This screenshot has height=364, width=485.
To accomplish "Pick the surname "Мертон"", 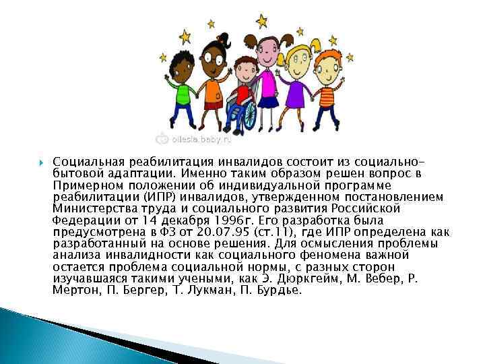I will point(73,290).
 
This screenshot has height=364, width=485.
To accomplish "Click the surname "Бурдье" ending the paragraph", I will point(277,290).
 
